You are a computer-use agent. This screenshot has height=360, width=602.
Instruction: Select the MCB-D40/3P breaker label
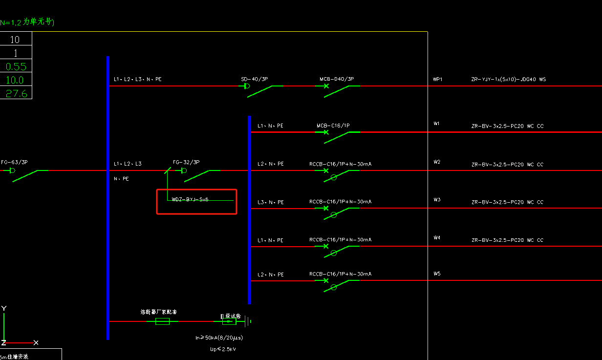[337, 79]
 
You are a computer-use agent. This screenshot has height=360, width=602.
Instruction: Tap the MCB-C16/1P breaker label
[333, 126]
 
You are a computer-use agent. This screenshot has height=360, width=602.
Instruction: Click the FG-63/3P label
[14, 162]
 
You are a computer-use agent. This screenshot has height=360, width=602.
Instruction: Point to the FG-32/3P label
[186, 162]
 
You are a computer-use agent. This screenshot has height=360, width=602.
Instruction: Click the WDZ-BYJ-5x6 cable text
[190, 199]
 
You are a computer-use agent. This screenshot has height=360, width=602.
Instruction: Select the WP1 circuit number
[437, 79]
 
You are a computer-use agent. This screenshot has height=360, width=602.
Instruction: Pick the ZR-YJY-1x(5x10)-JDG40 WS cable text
[508, 79]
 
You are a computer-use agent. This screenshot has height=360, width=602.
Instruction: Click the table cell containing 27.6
[16, 93]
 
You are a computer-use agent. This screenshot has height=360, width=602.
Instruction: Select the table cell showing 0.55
[16, 66]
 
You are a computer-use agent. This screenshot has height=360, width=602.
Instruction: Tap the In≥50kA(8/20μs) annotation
[219, 338]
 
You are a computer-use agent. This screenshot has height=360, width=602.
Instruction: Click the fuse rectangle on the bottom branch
[162, 321]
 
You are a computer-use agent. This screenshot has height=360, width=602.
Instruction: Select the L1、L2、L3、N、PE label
[137, 79]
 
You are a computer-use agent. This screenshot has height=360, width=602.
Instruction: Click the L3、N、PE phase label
[270, 202]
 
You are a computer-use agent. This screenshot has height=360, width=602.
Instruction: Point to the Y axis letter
[4, 308]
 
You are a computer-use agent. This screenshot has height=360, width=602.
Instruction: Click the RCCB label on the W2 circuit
[340, 164]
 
